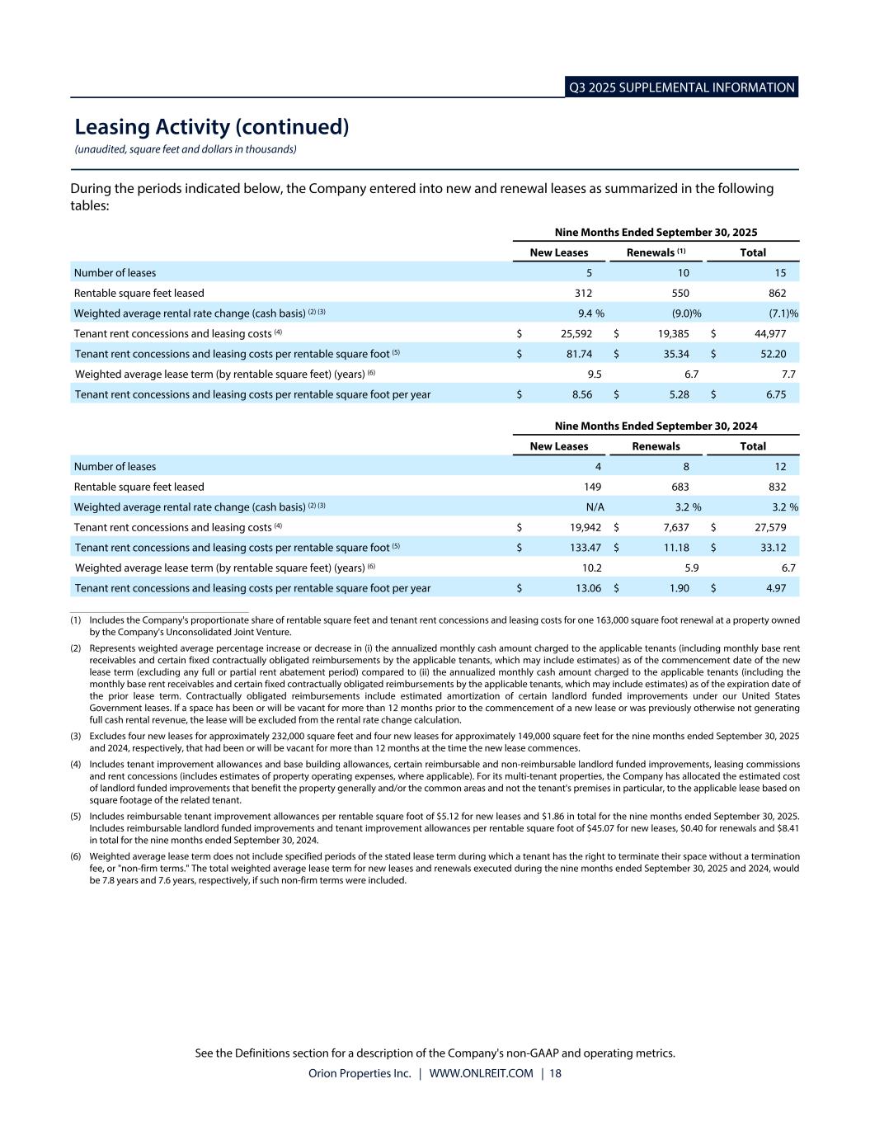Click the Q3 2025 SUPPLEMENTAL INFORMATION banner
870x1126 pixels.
[x=681, y=87]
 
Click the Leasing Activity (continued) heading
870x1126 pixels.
[x=212, y=127]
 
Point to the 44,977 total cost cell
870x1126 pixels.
[x=769, y=334]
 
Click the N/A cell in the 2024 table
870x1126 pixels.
[x=595, y=507]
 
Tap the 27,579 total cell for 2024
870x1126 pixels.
[x=769, y=528]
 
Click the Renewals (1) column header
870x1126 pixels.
[x=656, y=252]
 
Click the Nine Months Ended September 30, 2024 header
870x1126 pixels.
[x=656, y=426]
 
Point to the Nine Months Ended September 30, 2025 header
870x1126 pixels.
[x=656, y=233]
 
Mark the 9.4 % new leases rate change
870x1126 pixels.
[x=591, y=313]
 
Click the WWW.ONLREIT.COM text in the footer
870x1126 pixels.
[x=482, y=1073]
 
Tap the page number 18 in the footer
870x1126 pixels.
[x=555, y=1073]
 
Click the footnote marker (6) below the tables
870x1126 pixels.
[x=75, y=857]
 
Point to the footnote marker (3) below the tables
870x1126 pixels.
[x=75, y=736]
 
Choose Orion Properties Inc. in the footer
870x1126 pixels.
[x=360, y=1073]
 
